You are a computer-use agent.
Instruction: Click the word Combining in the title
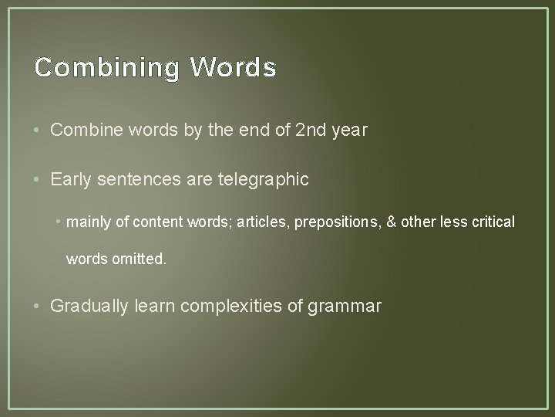coord(106,68)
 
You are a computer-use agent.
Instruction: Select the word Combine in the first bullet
coord(82,130)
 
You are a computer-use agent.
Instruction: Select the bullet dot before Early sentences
coord(39,180)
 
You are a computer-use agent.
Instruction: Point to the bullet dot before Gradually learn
coord(39,307)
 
